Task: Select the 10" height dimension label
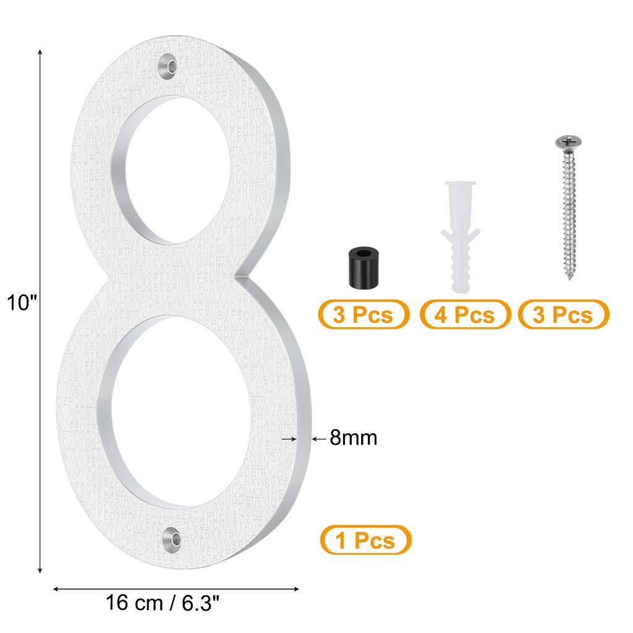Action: point(22,303)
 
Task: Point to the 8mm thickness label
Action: point(353,438)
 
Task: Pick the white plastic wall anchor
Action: point(459,234)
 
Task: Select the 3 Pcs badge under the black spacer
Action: point(363,315)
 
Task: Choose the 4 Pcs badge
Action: point(465,315)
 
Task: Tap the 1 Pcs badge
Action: point(365,541)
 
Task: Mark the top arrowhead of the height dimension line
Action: point(41,52)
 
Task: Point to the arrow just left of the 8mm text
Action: point(315,438)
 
